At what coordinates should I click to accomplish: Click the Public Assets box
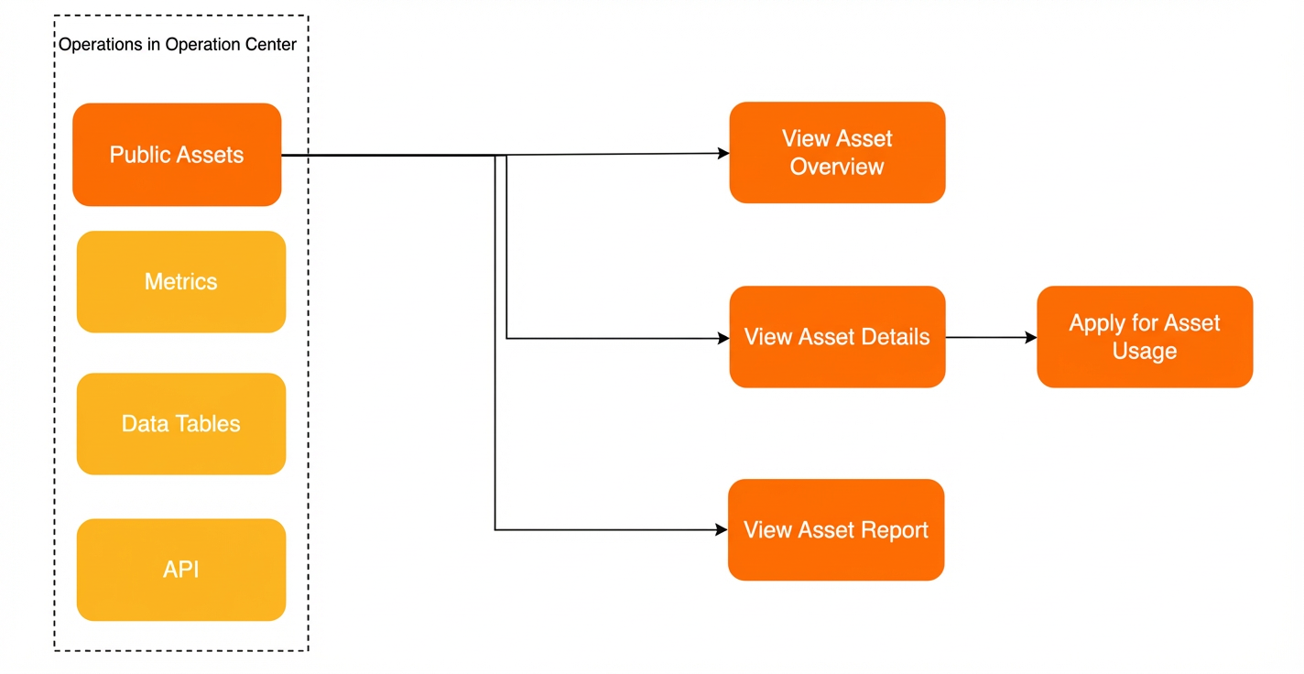pyautogui.click(x=177, y=155)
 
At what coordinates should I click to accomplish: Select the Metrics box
pyautogui.click(x=181, y=282)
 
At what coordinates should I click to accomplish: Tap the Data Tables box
pyautogui.click(x=181, y=424)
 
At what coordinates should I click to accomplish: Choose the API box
pyautogui.click(x=181, y=570)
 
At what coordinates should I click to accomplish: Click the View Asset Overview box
pyautogui.click(x=837, y=153)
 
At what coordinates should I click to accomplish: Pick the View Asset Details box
pyautogui.click(x=837, y=337)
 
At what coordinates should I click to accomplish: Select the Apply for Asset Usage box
pyautogui.click(x=1145, y=337)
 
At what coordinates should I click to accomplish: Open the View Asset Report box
pyautogui.click(x=836, y=529)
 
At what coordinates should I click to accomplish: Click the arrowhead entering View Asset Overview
pyautogui.click(x=723, y=153)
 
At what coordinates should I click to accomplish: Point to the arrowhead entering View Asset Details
pyautogui.click(x=723, y=338)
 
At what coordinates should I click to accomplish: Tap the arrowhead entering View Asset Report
pyautogui.click(x=722, y=529)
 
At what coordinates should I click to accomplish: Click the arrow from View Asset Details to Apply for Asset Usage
pyautogui.click(x=991, y=337)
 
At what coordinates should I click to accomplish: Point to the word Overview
pyautogui.click(x=837, y=167)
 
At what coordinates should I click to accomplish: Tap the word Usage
pyautogui.click(x=1145, y=352)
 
